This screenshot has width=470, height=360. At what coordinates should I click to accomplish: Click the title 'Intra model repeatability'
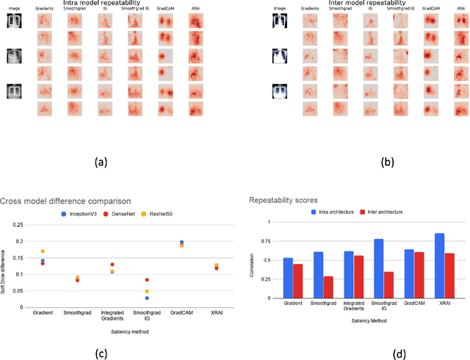pyautogui.click(x=109, y=4)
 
